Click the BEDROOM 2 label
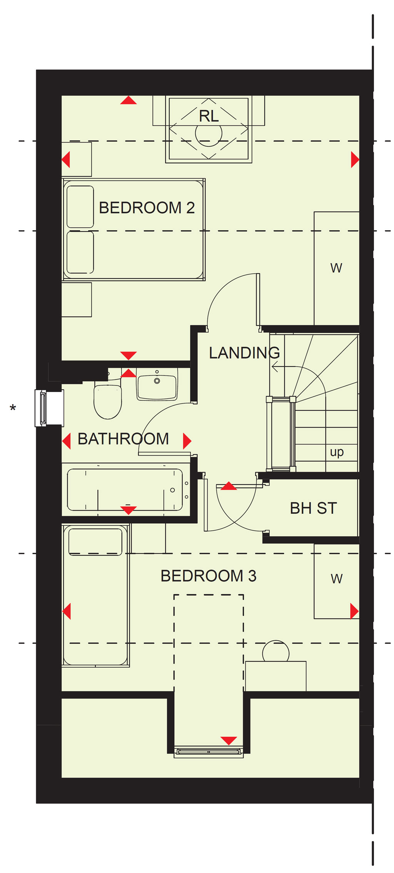point(147,208)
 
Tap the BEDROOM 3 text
point(208,576)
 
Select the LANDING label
point(244,353)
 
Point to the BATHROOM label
point(123,439)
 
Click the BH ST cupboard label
point(313,508)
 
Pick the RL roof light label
point(209,116)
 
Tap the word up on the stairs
point(337,452)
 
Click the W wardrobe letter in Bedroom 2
point(336,268)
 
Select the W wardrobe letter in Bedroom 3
point(337,578)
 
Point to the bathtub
point(125,490)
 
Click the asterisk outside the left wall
point(13,407)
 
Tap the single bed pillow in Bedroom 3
point(95,542)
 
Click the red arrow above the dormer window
point(229,741)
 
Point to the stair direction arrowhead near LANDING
point(275,367)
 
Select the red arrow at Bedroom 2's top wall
point(128,100)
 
